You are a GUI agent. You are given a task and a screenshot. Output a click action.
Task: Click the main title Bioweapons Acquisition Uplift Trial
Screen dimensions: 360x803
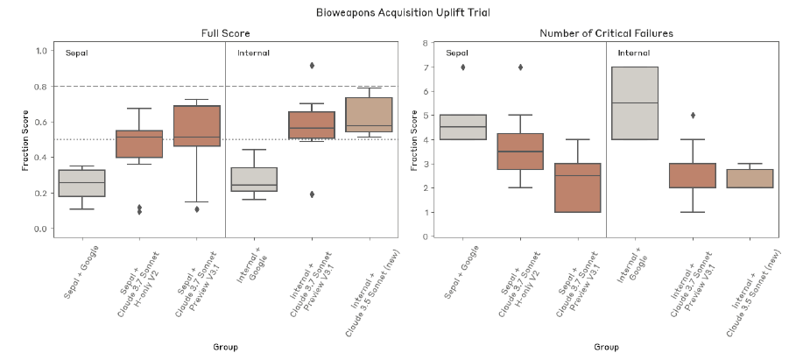[401, 13]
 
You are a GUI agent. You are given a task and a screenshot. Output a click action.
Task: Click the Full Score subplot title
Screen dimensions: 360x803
[226, 33]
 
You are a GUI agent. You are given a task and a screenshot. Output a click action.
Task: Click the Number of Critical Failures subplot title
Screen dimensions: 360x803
[606, 33]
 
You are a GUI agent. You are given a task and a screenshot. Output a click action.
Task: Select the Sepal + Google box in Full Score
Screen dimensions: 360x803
[81, 183]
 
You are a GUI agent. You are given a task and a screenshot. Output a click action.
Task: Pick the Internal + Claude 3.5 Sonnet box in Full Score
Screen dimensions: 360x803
[369, 114]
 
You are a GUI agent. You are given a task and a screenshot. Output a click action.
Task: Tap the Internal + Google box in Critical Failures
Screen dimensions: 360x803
[635, 103]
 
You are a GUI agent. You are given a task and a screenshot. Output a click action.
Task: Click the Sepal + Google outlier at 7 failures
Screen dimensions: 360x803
[464, 67]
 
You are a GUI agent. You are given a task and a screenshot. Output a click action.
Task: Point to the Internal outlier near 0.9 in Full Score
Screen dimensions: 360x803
[312, 66]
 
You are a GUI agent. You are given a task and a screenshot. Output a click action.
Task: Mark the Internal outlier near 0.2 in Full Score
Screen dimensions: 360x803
[312, 194]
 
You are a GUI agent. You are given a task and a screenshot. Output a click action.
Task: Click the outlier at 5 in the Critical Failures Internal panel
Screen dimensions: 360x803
[692, 115]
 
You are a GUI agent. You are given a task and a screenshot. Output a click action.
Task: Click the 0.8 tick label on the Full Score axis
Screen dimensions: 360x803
[38, 87]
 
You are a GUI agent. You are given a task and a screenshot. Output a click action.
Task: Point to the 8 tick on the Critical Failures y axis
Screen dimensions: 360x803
[425, 43]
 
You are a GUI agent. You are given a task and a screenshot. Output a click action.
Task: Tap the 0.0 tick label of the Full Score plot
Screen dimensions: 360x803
[38, 229]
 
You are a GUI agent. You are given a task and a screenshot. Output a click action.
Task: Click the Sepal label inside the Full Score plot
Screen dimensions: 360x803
[77, 53]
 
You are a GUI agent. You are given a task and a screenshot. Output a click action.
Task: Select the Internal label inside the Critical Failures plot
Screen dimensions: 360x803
[633, 53]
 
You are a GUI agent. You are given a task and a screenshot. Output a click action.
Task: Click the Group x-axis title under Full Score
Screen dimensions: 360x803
[225, 347]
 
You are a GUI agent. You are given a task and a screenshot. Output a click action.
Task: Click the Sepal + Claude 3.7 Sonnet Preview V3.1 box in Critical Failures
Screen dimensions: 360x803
[578, 187]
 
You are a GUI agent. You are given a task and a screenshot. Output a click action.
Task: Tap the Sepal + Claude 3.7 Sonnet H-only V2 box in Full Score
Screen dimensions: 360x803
[139, 145]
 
